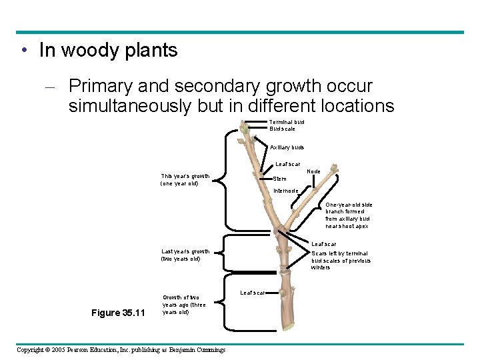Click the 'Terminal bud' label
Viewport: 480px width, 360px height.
point(287,122)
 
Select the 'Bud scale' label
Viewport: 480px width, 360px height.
point(282,129)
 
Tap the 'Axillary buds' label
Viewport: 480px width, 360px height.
point(287,147)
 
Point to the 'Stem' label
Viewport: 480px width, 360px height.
point(280,179)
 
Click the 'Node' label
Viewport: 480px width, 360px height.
point(313,171)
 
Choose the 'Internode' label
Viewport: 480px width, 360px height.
point(287,191)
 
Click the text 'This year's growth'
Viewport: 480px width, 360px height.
point(185,176)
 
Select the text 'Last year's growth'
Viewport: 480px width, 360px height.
point(185,251)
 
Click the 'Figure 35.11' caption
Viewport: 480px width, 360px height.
point(117,312)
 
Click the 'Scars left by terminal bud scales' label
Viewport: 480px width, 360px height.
point(340,260)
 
